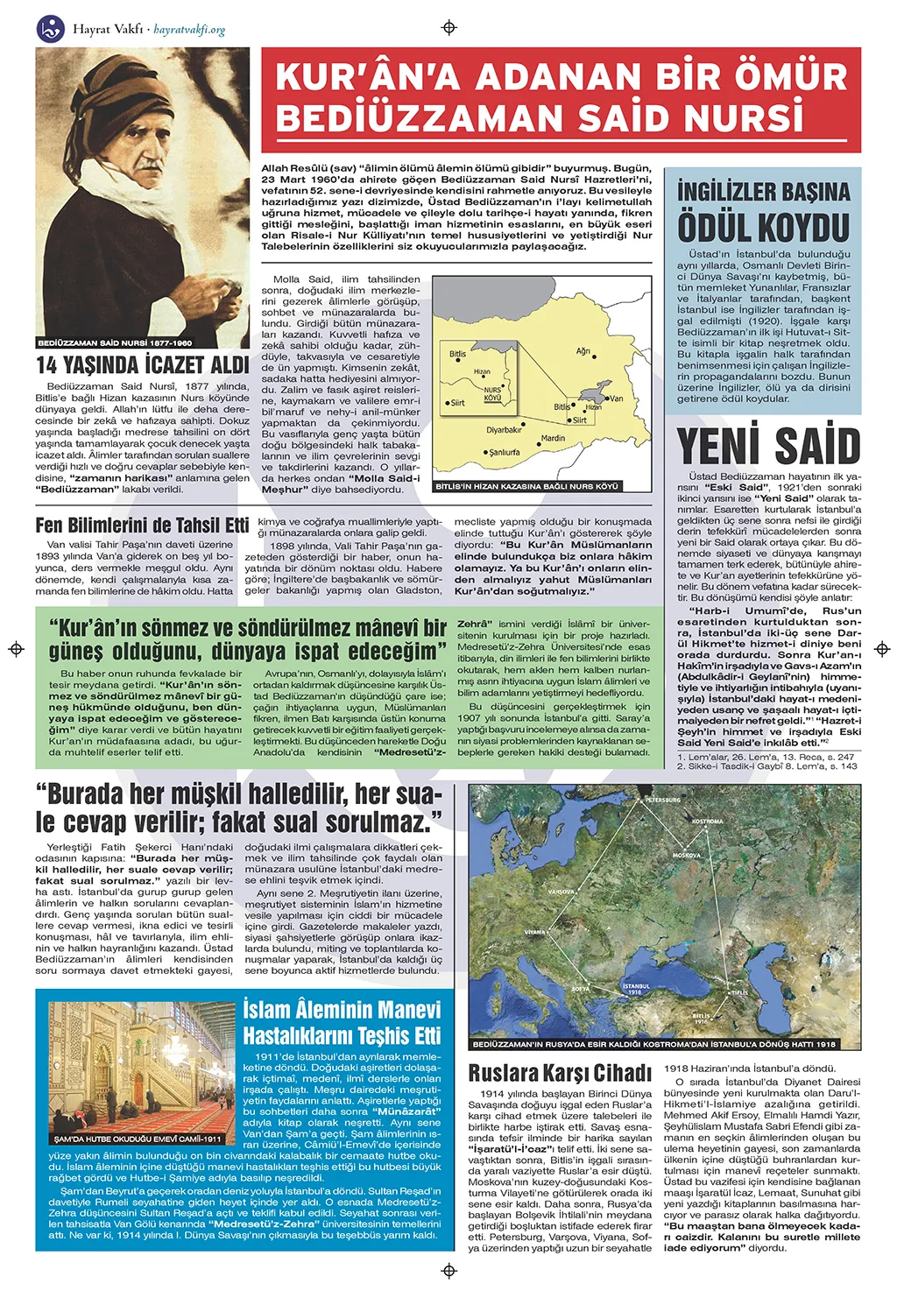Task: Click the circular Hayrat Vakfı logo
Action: [x=51, y=28]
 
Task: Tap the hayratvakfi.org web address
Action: [x=189, y=30]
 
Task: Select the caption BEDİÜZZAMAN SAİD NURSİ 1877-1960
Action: [x=115, y=342]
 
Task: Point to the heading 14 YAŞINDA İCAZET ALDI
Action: [x=143, y=365]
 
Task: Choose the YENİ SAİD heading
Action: [x=768, y=446]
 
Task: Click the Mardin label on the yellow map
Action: [x=553, y=438]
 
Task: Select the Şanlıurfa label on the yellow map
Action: [x=504, y=453]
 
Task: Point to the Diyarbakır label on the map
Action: [x=504, y=430]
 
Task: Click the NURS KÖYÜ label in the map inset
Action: [x=492, y=394]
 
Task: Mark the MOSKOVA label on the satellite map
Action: [x=686, y=855]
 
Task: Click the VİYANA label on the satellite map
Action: [x=535, y=932]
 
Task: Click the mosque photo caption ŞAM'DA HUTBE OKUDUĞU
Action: [x=138, y=1139]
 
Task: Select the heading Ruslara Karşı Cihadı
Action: [x=560, y=1073]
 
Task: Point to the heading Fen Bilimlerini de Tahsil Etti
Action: [x=143, y=526]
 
